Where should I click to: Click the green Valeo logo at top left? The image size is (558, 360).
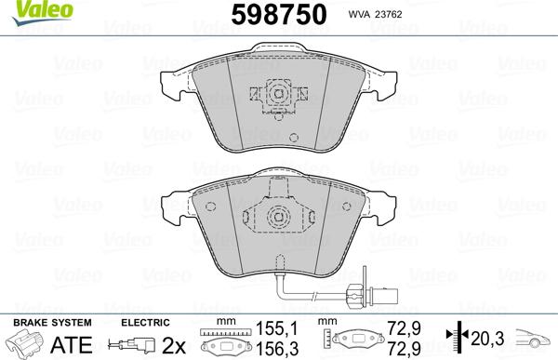click(42, 12)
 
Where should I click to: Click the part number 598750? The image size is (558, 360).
click(279, 15)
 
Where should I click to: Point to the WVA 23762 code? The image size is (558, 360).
click(375, 14)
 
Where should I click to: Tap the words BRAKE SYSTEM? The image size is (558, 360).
click(52, 323)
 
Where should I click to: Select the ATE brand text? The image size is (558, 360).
click(72, 345)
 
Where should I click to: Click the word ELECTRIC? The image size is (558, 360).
click(145, 323)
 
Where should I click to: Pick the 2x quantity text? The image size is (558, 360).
click(174, 345)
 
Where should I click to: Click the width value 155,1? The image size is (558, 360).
click(277, 328)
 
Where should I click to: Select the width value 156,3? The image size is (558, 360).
click(277, 349)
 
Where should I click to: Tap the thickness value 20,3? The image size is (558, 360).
click(487, 339)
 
